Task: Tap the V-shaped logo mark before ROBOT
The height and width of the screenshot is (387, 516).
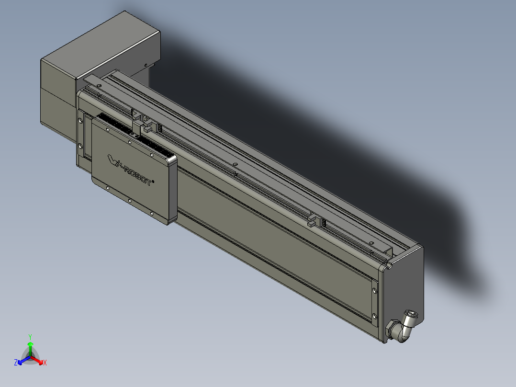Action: pyautogui.click(x=113, y=159)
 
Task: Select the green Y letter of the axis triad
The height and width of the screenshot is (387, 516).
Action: pyautogui.click(x=30, y=337)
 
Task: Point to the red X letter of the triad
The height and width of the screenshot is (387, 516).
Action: pyautogui.click(x=45, y=363)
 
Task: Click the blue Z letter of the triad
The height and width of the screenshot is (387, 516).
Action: pyautogui.click(x=16, y=363)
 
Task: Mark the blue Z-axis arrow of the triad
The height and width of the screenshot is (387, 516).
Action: pyautogui.click(x=22, y=361)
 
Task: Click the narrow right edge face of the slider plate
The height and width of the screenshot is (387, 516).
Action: pyautogui.click(x=172, y=189)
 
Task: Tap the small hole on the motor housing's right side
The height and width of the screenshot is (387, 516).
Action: pyautogui.click(x=145, y=64)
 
